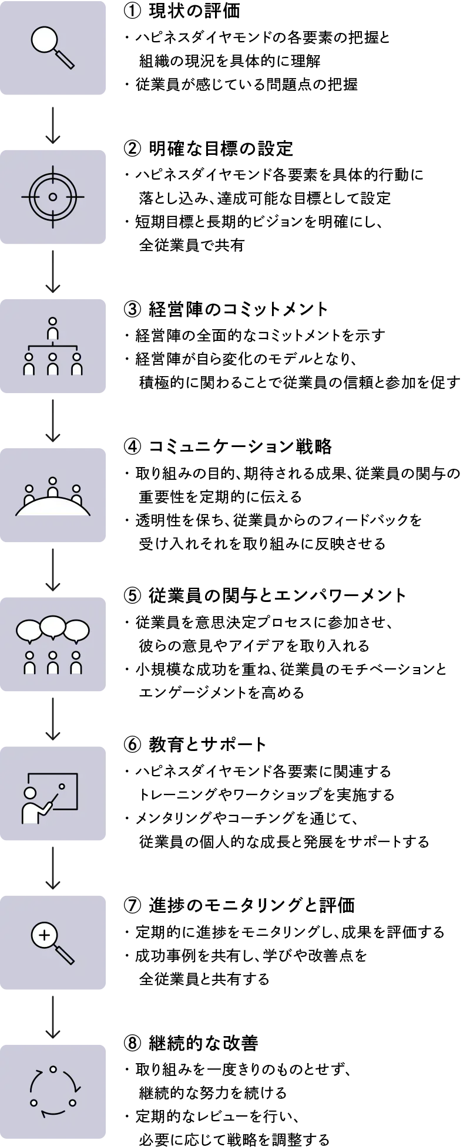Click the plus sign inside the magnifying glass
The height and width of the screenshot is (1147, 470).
(44, 935)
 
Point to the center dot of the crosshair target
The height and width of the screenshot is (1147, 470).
(53, 197)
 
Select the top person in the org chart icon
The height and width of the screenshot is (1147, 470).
(53, 329)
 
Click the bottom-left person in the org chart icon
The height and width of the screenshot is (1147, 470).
(29, 364)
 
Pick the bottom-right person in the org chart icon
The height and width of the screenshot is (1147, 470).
(76, 364)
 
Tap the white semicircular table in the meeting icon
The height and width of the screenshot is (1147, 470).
(53, 507)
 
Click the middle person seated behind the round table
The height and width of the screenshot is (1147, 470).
(53, 487)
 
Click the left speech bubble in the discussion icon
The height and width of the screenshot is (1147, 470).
(28, 631)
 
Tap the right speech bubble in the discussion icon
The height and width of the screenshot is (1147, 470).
(76, 631)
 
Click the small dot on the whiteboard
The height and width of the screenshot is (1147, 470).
(61, 786)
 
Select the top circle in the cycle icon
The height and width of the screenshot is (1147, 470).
(53, 1068)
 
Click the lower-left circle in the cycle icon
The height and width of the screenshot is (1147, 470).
(33, 1102)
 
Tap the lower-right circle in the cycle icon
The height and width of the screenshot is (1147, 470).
(72, 1102)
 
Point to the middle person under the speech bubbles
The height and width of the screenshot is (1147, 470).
(53, 663)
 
